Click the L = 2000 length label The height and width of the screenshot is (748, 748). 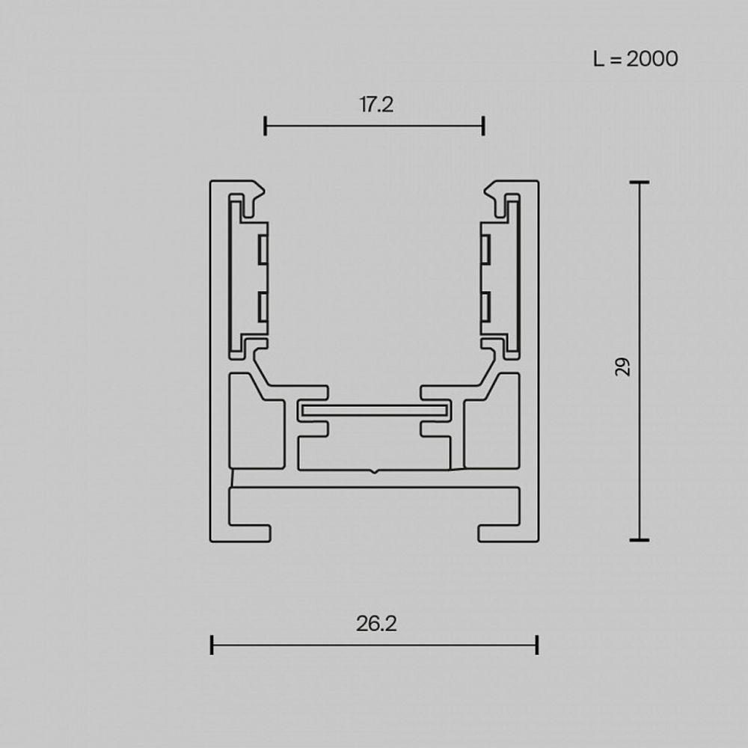pos(635,58)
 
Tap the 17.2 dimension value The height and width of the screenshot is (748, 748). pos(375,105)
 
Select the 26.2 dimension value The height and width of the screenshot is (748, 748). pos(375,624)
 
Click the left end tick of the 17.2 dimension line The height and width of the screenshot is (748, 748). pos(266,126)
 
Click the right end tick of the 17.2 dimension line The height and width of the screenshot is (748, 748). pos(483,126)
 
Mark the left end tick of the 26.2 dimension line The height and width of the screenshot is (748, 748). pos(212,645)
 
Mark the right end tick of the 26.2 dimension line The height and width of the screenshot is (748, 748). pos(537,645)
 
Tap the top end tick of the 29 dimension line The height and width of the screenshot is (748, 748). pos(639,182)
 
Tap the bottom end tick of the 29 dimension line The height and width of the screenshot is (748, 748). pos(639,539)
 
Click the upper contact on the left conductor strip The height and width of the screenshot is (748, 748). pos(263,250)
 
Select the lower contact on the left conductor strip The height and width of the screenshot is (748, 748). pos(263,307)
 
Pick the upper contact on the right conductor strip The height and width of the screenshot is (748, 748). pos(485,250)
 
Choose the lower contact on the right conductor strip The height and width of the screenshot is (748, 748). pos(485,307)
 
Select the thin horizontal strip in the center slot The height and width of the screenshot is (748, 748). pos(374,411)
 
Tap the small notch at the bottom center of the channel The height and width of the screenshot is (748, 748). pos(374,471)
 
